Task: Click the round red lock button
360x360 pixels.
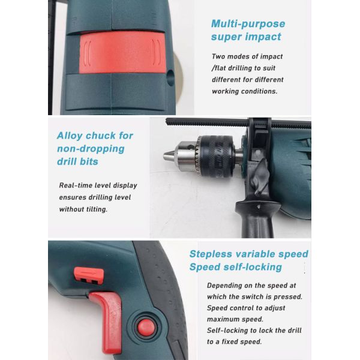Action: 146,328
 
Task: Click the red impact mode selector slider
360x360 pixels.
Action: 122,53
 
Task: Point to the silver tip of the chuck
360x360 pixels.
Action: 168,155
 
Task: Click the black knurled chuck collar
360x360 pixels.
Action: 215,157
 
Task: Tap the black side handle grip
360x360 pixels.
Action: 258,219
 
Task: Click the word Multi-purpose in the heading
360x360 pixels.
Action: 248,24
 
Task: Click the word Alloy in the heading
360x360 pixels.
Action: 70,136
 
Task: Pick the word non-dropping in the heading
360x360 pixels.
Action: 91,149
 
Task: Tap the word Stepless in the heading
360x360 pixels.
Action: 211,254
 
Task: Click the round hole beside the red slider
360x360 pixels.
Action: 171,77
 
